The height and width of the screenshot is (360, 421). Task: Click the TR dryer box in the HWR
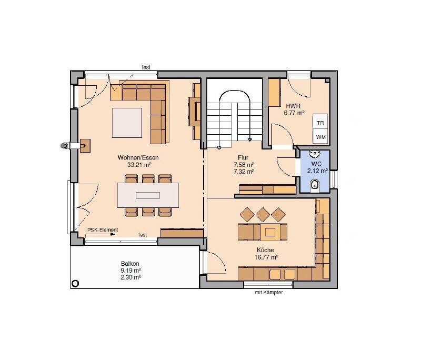click(x=320, y=123)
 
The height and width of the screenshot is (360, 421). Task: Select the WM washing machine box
click(x=320, y=137)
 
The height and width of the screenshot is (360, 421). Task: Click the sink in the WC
click(x=315, y=154)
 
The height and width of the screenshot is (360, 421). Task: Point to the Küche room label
click(x=265, y=250)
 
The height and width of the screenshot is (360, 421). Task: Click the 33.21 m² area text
click(x=139, y=165)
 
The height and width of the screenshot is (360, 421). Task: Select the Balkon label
click(x=130, y=264)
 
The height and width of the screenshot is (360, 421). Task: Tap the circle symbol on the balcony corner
click(x=75, y=284)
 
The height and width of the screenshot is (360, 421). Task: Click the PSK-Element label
click(x=103, y=230)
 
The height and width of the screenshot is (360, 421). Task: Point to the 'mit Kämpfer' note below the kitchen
click(x=269, y=292)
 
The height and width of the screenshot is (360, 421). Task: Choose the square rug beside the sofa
click(x=127, y=123)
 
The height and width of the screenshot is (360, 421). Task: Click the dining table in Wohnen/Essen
click(x=148, y=195)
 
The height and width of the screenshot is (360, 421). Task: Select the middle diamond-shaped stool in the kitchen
click(x=263, y=214)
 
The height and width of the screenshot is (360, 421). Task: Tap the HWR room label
click(x=293, y=106)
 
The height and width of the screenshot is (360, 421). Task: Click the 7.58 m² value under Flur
click(x=244, y=165)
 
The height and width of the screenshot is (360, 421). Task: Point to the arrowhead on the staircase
click(x=250, y=139)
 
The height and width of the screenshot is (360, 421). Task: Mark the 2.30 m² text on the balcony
click(x=131, y=277)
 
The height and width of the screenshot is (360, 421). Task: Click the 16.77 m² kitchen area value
click(x=266, y=257)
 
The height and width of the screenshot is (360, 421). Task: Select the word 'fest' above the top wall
click(x=146, y=67)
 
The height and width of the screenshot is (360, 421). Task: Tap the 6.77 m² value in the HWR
click(x=294, y=113)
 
